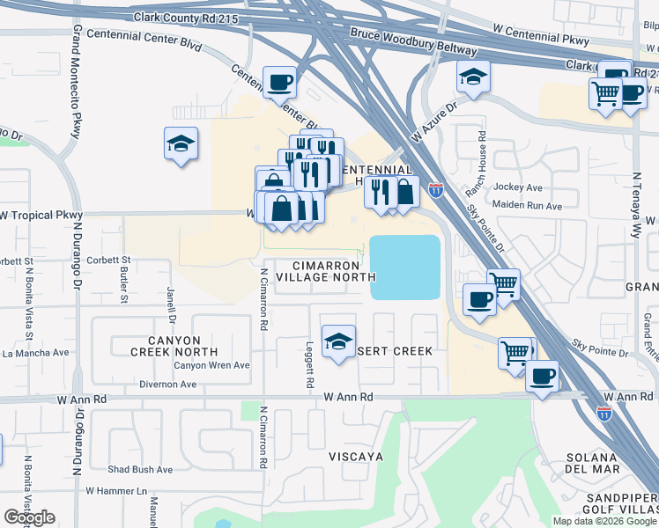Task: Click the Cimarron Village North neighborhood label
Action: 318,271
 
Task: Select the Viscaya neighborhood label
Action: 355,457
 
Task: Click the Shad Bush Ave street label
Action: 140,470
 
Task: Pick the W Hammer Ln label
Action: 115,490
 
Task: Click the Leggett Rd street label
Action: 310,365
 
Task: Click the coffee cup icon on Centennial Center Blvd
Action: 280,83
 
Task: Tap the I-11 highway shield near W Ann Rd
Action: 604,412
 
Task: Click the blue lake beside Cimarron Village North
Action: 405,267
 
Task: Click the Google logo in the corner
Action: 29,517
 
